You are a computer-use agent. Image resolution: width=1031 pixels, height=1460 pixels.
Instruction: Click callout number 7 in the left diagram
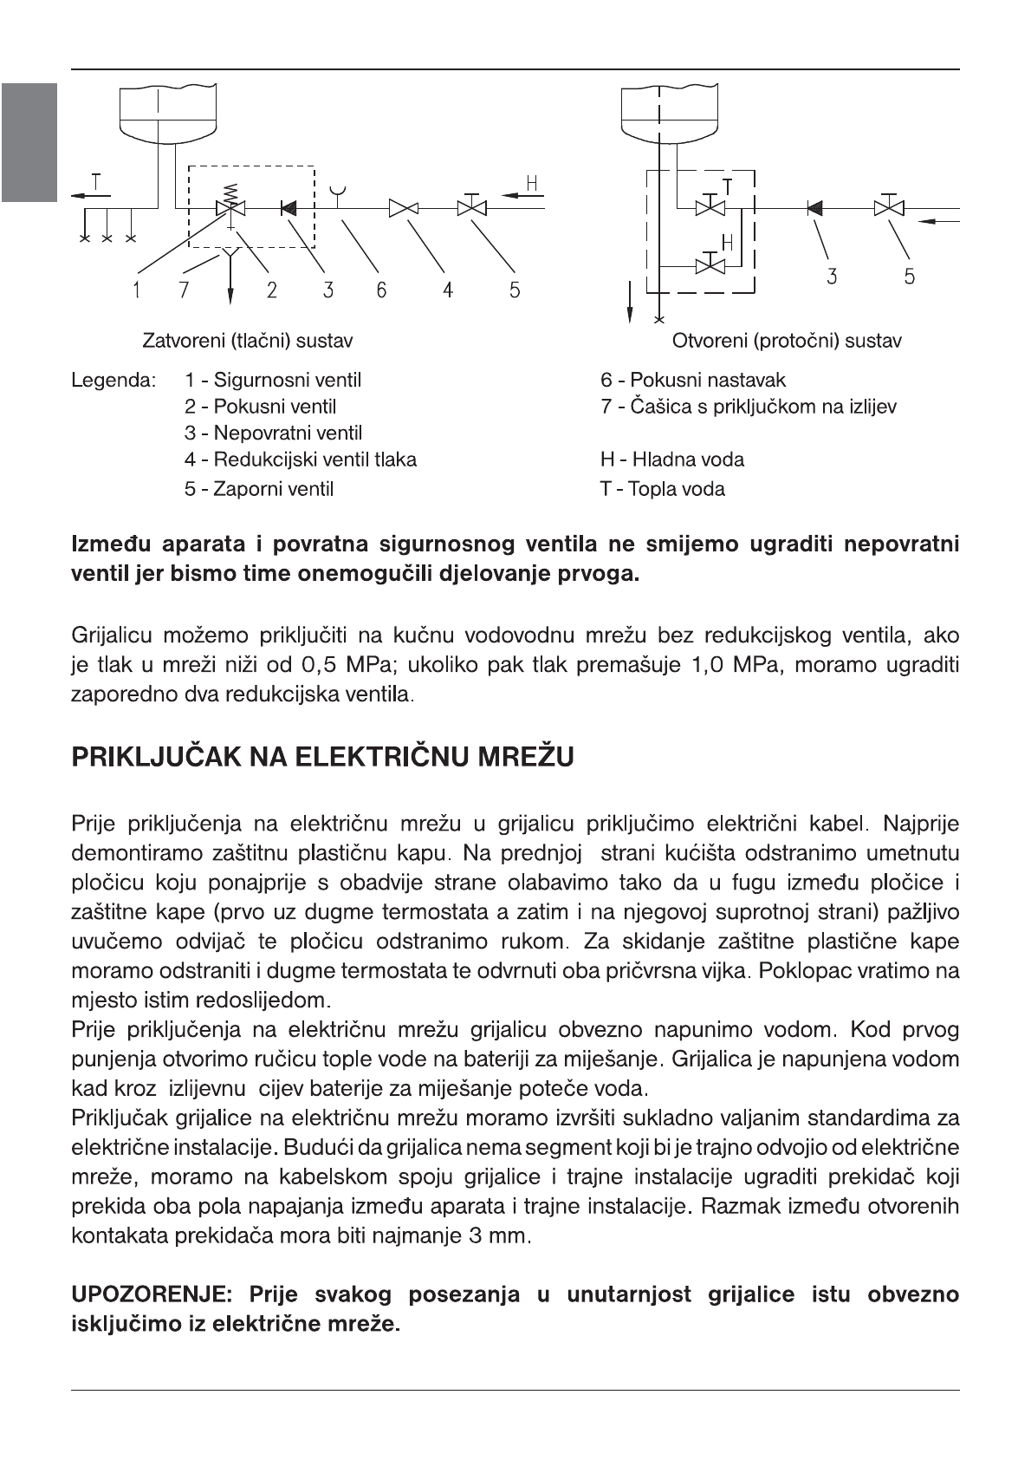point(184,290)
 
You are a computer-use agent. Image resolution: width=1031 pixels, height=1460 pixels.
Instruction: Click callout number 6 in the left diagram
point(380,290)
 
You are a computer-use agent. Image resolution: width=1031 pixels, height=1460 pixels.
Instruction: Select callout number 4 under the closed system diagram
point(447,290)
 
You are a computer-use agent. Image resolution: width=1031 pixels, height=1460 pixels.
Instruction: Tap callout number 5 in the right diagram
point(909,277)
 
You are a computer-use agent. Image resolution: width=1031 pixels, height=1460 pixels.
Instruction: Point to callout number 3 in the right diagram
point(831,277)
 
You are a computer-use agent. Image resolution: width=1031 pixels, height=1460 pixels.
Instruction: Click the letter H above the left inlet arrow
point(533,183)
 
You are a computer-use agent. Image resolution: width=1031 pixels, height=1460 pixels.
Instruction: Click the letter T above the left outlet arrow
point(96,183)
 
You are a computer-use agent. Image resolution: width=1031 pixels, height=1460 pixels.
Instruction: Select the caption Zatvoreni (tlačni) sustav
point(247,341)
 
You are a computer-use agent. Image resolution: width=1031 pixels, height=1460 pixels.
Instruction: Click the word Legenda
point(113,380)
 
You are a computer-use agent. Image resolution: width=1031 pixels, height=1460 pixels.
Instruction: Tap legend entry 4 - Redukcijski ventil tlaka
point(300,460)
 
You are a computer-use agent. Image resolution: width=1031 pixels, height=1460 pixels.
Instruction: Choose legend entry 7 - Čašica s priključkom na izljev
point(749,407)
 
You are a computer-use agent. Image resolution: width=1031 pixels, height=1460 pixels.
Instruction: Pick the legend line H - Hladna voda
point(672,460)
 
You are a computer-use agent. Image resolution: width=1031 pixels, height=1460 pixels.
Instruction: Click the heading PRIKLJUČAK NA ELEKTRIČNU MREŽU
point(322,758)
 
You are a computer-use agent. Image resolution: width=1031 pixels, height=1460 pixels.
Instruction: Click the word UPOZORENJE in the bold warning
point(151,1295)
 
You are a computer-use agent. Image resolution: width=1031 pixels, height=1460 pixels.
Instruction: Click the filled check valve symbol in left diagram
point(288,208)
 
